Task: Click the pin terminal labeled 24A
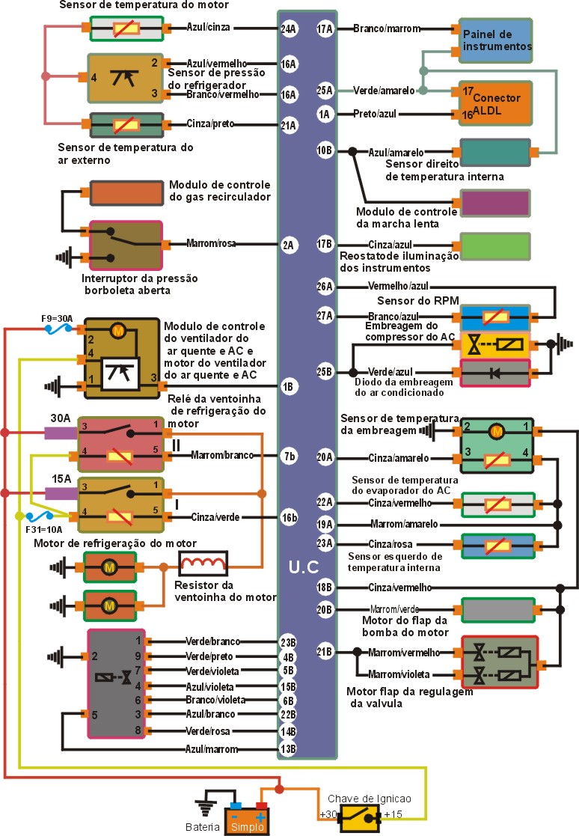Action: click(288, 30)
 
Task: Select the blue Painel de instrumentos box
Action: click(496, 41)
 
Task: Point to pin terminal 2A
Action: click(288, 244)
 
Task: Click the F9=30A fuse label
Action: click(57, 319)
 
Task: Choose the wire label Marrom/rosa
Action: click(211, 244)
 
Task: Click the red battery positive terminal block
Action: click(260, 805)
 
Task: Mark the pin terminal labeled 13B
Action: click(288, 748)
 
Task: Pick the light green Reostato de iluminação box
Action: click(495, 245)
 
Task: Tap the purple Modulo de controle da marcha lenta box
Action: click(496, 203)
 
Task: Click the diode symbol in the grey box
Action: click(494, 373)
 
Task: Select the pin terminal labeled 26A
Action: click(325, 286)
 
